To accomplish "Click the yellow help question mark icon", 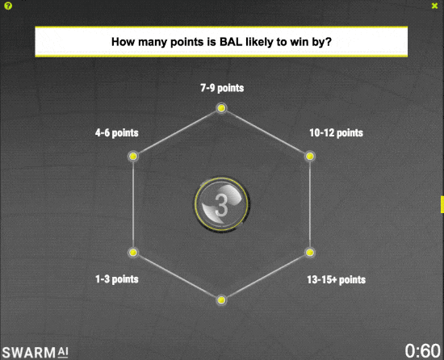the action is [8, 6].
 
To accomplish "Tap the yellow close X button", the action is [434, 6].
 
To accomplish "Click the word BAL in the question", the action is [231, 42].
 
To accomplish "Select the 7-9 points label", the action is [222, 88].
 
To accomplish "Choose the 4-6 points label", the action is [117, 132].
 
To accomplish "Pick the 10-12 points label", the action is [336, 132].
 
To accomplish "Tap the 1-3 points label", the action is [117, 279].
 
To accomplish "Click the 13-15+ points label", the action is [337, 279].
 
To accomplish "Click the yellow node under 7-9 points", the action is [221, 108].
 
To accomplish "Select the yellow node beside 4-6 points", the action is [133, 157].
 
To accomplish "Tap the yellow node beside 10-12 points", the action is [310, 157].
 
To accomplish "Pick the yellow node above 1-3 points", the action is [133, 252].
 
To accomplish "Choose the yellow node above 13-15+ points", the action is [310, 252].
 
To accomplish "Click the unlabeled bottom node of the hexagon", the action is [221, 300].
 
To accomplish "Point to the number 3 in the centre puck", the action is [221, 206].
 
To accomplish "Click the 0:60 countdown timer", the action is [422, 351].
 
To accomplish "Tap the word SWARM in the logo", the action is [29, 353].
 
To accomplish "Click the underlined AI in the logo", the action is [63, 352].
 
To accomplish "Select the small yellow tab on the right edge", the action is [442, 204].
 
